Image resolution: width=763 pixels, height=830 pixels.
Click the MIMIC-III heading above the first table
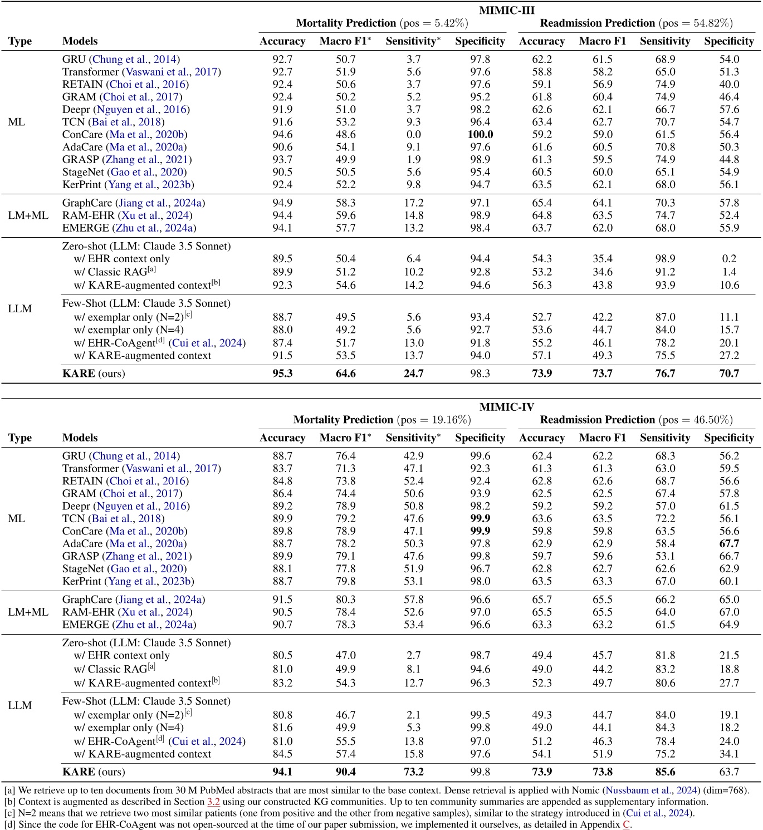point(506,10)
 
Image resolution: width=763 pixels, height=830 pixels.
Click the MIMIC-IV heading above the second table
point(506,407)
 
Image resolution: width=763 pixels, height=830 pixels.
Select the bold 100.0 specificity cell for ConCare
point(480,135)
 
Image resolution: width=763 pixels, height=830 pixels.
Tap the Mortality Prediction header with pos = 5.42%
point(382,23)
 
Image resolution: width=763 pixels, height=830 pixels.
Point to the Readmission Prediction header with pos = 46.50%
point(636,420)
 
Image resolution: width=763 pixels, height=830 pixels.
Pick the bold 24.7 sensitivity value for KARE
point(413,374)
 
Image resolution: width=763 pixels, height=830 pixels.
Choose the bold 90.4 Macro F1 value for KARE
point(345,772)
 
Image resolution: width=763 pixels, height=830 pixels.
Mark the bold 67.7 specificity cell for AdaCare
point(728,544)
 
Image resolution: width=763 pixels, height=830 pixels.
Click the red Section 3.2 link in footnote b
point(213,802)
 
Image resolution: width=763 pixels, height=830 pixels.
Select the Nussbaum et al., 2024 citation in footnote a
point(652,790)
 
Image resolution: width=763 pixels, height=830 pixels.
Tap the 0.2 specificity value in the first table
point(728,259)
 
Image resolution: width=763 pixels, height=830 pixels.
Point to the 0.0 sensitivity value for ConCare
point(413,135)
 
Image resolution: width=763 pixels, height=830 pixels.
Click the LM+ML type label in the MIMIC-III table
point(28,215)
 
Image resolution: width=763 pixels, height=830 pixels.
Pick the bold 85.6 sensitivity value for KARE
point(665,772)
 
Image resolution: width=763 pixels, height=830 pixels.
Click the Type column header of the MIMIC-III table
point(20,41)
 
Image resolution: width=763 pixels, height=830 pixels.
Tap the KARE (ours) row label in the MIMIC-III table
point(94,374)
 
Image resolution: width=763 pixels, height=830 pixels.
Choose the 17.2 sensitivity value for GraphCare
point(413,203)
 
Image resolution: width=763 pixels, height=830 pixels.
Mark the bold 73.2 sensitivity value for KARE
point(413,772)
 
